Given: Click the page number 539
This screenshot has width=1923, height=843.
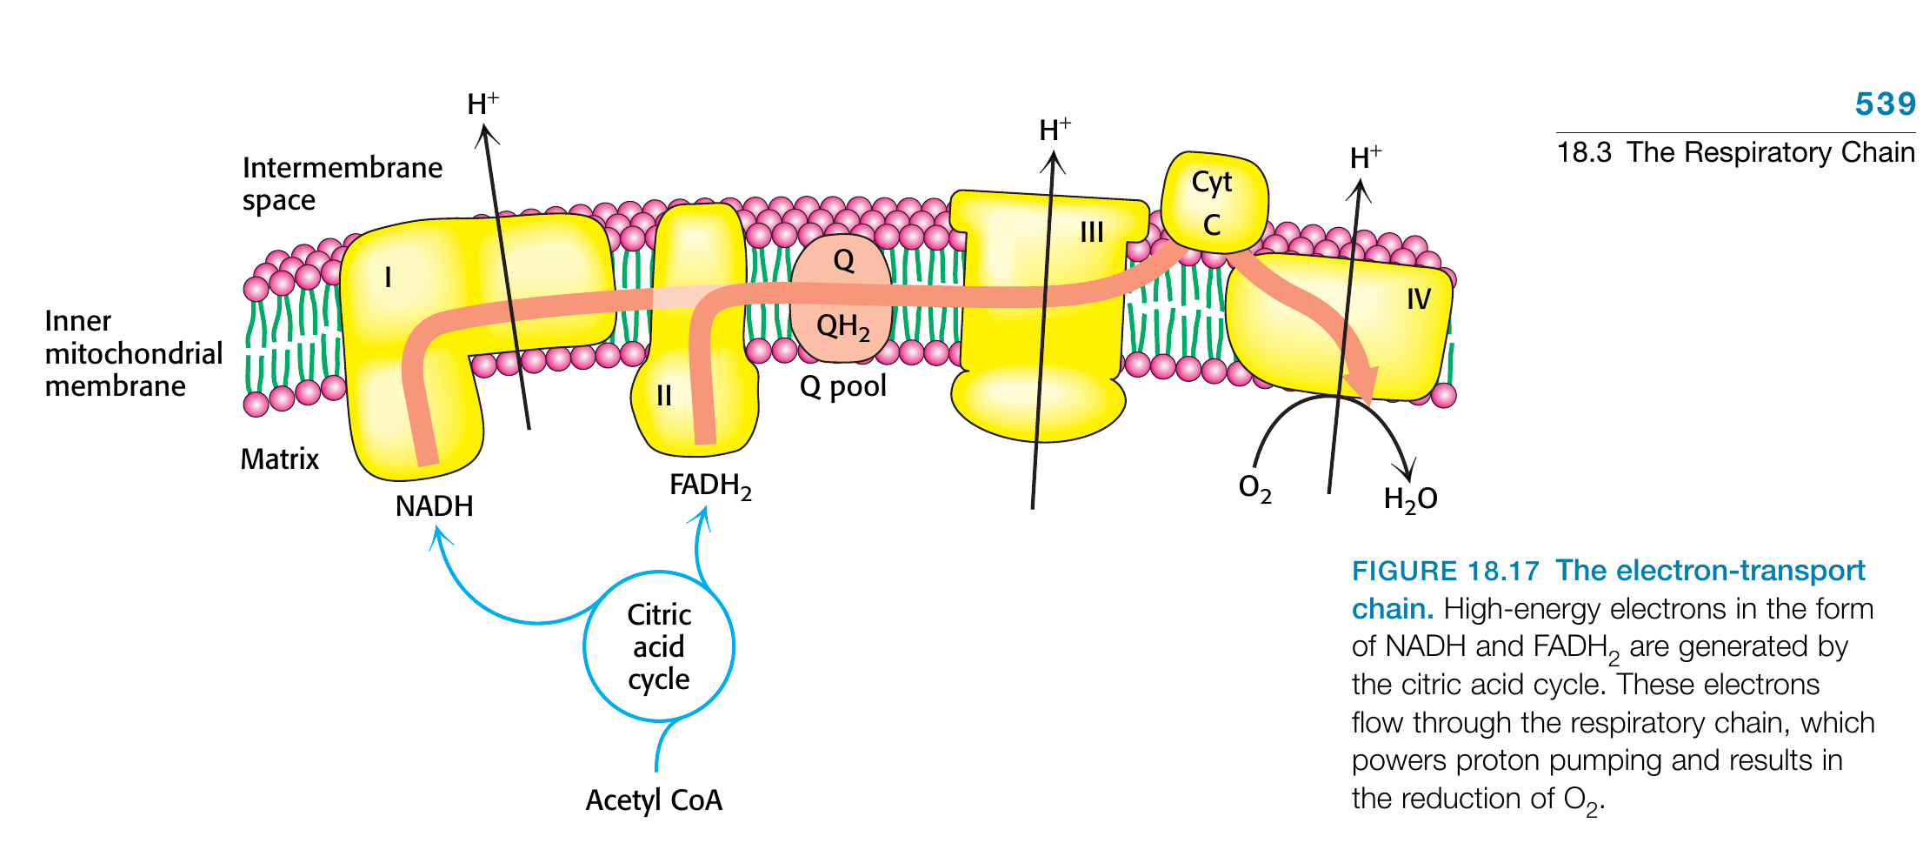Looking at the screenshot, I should coord(1884,104).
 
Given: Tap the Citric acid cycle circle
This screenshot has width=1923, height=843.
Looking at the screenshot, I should coord(659,646).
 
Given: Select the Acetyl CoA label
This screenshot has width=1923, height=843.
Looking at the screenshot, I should coord(654,800).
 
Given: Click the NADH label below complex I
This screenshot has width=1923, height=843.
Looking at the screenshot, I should coord(434,506).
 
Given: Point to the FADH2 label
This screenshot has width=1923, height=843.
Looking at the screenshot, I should coord(709,485).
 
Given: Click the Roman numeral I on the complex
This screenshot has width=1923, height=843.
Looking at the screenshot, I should coord(388,278).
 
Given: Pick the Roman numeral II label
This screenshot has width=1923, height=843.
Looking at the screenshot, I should coord(664,396).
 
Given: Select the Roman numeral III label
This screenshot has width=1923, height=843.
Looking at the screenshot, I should coord(1091,232).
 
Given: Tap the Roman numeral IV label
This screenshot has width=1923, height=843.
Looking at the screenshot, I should coord(1418,299).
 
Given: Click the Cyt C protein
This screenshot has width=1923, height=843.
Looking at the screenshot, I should coord(1213,203).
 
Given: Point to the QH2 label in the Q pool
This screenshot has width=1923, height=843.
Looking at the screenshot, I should coord(842,327).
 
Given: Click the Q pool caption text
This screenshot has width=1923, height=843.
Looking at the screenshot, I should coord(842,385).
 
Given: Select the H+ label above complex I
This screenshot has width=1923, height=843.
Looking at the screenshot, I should coord(482,104).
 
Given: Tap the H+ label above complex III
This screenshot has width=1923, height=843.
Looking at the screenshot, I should coord(1055,130).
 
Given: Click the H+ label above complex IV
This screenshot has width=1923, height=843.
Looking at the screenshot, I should coord(1365,157).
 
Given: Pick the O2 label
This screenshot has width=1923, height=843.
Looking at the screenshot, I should coord(1254,488).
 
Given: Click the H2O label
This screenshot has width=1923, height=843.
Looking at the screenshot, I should coord(1410,499).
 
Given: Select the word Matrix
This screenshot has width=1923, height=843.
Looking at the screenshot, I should coord(279,458).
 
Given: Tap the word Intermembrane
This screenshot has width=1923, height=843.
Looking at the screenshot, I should coord(342,167).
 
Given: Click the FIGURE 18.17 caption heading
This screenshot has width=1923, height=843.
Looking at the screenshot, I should coord(1445,572).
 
